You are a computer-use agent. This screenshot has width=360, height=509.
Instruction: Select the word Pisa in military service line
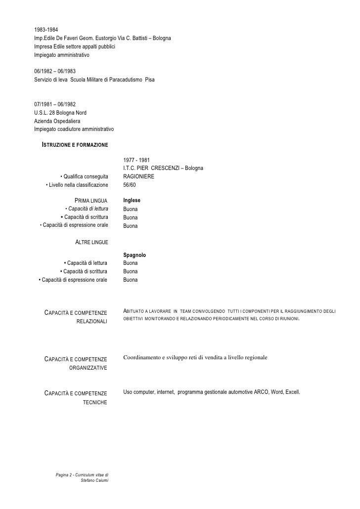click(150, 79)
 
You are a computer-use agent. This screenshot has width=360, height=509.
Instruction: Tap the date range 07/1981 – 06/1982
click(55, 104)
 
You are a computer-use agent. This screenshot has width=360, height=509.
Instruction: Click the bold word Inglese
click(132, 201)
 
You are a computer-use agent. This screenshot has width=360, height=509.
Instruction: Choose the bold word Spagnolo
click(134, 255)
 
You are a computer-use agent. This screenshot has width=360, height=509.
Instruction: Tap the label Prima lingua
click(90, 201)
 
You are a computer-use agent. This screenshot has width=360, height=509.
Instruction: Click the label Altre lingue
click(91, 242)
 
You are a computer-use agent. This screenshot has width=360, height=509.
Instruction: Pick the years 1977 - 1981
click(136, 160)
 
